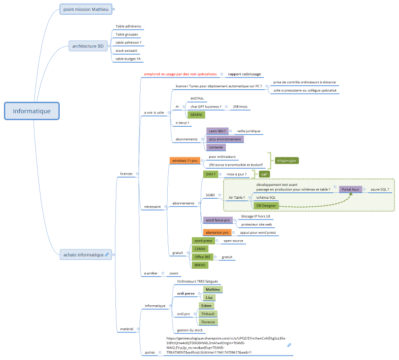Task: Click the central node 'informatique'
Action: point(32,111)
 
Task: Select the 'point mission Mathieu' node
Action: point(85,9)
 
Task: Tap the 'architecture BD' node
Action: point(88,46)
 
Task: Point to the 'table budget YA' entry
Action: point(128,59)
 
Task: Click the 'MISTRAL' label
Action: point(197,99)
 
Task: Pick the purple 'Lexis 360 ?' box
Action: point(218,131)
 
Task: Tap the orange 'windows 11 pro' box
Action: point(185,161)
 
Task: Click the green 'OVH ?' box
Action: point(211,174)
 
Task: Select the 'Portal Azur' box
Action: point(350,189)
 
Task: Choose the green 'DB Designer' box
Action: point(265,206)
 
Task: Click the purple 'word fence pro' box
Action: point(218,220)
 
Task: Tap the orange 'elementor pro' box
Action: point(218,232)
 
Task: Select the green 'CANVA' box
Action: point(200,249)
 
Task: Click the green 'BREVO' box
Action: point(200,265)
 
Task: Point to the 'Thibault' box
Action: point(208,314)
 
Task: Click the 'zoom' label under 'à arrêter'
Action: point(174,273)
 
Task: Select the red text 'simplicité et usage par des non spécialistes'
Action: point(180,74)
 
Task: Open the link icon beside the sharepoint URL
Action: point(289,345)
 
